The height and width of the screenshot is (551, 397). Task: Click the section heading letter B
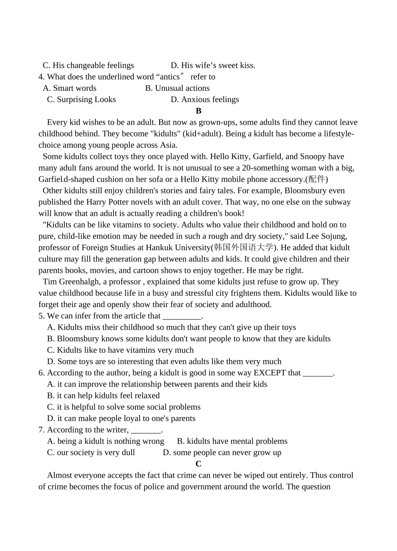tap(198, 111)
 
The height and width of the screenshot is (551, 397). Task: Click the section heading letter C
tap(198, 464)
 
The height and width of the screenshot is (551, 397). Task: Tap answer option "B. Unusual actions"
tap(177, 88)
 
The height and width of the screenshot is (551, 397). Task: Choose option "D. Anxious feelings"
tap(205, 100)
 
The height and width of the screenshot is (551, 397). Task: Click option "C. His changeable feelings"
tap(88, 66)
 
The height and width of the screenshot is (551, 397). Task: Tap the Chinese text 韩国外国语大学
tap(243, 247)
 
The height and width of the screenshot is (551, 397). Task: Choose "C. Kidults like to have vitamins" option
tap(120, 350)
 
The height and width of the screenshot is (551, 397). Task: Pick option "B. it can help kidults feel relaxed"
tap(103, 396)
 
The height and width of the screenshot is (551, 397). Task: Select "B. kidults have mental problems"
tap(232, 441)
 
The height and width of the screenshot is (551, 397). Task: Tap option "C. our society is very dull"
tap(91, 453)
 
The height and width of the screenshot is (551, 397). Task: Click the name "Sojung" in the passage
tap(333, 236)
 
